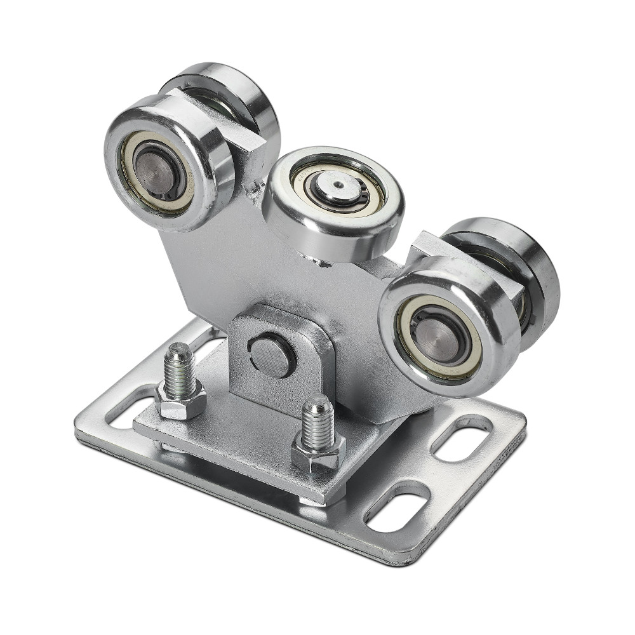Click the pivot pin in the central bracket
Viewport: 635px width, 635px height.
point(272,356)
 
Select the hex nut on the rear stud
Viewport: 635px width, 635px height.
point(180,401)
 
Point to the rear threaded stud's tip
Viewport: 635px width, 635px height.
point(179,351)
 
